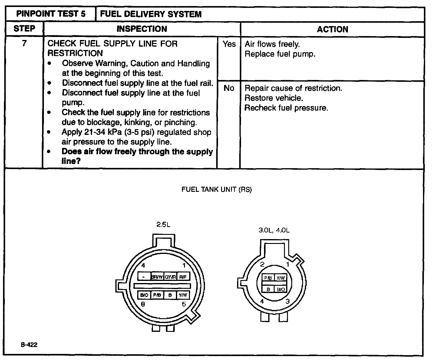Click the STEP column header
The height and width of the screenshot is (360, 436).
click(x=24, y=29)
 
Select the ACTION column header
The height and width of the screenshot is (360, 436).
click(x=332, y=29)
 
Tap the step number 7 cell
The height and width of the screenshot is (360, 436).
click(x=24, y=43)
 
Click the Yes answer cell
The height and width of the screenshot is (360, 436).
click(x=229, y=44)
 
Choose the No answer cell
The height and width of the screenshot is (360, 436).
click(x=229, y=88)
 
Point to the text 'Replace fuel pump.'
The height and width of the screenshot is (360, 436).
click(x=280, y=54)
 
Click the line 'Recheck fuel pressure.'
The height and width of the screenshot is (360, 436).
click(x=286, y=108)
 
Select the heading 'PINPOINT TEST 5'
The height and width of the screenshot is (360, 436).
click(x=51, y=14)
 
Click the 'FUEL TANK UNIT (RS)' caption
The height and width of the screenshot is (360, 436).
click(x=216, y=190)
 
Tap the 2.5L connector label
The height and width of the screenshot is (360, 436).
click(x=163, y=225)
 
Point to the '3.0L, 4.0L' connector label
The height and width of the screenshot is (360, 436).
click(x=274, y=230)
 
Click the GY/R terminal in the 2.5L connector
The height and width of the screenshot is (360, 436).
click(x=170, y=277)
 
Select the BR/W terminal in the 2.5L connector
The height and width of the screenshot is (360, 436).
click(x=157, y=277)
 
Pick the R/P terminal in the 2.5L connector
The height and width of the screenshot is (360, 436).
click(x=183, y=277)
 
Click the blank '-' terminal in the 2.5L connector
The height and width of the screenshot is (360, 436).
click(x=144, y=277)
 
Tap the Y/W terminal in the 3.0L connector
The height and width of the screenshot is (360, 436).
click(x=280, y=278)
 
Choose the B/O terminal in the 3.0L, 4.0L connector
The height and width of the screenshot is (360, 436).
click(x=280, y=289)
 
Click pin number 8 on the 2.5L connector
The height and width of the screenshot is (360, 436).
click(x=143, y=304)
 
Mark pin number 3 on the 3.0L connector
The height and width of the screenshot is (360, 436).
click(x=287, y=301)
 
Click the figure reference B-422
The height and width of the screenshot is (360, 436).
click(x=29, y=345)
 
